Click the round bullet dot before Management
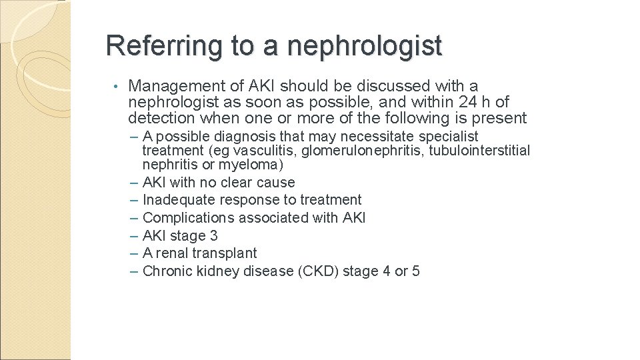[x=115, y=87]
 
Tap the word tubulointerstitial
[x=479, y=151]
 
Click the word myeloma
[x=256, y=165]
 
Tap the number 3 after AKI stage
[x=213, y=236]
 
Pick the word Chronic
[x=167, y=271]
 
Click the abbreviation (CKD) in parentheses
[x=317, y=271]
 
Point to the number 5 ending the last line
[x=416, y=271]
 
